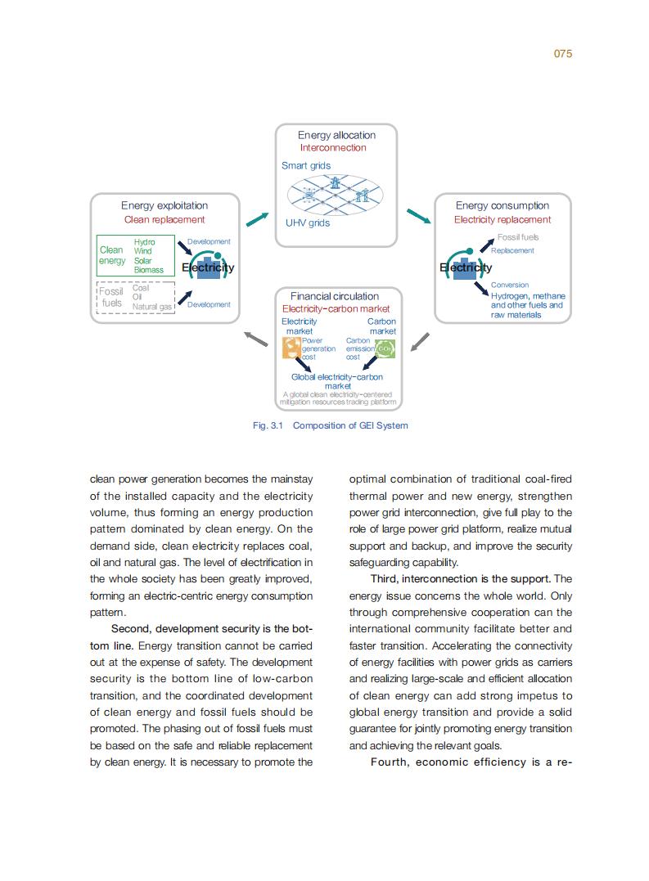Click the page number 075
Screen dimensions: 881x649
(562, 54)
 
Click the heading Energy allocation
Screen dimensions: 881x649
(336, 135)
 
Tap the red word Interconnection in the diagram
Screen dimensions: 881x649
(333, 148)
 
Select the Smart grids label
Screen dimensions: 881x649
(306, 166)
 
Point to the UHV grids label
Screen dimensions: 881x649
(308, 223)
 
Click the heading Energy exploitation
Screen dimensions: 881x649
(165, 206)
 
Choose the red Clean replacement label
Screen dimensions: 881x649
(165, 220)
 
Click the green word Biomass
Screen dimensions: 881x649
(149, 270)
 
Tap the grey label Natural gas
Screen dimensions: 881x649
(152, 307)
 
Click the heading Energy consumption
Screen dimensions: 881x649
(503, 206)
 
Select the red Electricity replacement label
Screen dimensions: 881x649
(503, 220)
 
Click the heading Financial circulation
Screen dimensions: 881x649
(335, 296)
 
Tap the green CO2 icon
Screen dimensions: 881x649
(385, 349)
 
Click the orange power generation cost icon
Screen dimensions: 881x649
(291, 349)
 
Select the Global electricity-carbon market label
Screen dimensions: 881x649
(337, 381)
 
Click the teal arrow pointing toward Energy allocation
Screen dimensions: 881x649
(257, 218)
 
